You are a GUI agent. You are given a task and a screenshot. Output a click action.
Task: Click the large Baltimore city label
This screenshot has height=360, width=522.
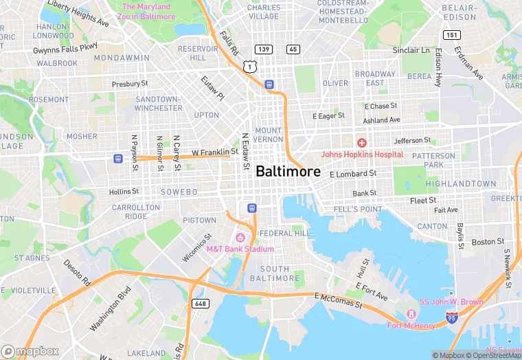288,172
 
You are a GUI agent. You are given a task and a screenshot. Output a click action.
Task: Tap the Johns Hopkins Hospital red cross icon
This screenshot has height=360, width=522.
361,142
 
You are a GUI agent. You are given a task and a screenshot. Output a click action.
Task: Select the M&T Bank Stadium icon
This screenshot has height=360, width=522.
240,237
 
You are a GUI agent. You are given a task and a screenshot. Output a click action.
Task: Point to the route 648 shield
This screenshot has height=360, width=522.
200,303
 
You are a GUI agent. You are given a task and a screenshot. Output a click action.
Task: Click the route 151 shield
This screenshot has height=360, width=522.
451,34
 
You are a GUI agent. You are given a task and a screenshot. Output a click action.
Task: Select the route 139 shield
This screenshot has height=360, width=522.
262,49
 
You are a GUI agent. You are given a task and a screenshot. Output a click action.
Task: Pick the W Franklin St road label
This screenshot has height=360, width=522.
214,152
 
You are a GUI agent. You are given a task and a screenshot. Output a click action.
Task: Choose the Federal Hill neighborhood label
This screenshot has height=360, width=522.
282,233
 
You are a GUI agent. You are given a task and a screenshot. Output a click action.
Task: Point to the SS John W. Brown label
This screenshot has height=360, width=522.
451,302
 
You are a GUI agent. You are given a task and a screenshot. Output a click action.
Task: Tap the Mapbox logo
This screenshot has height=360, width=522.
30,351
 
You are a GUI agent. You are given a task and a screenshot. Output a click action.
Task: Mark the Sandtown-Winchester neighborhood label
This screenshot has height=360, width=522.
158,103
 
